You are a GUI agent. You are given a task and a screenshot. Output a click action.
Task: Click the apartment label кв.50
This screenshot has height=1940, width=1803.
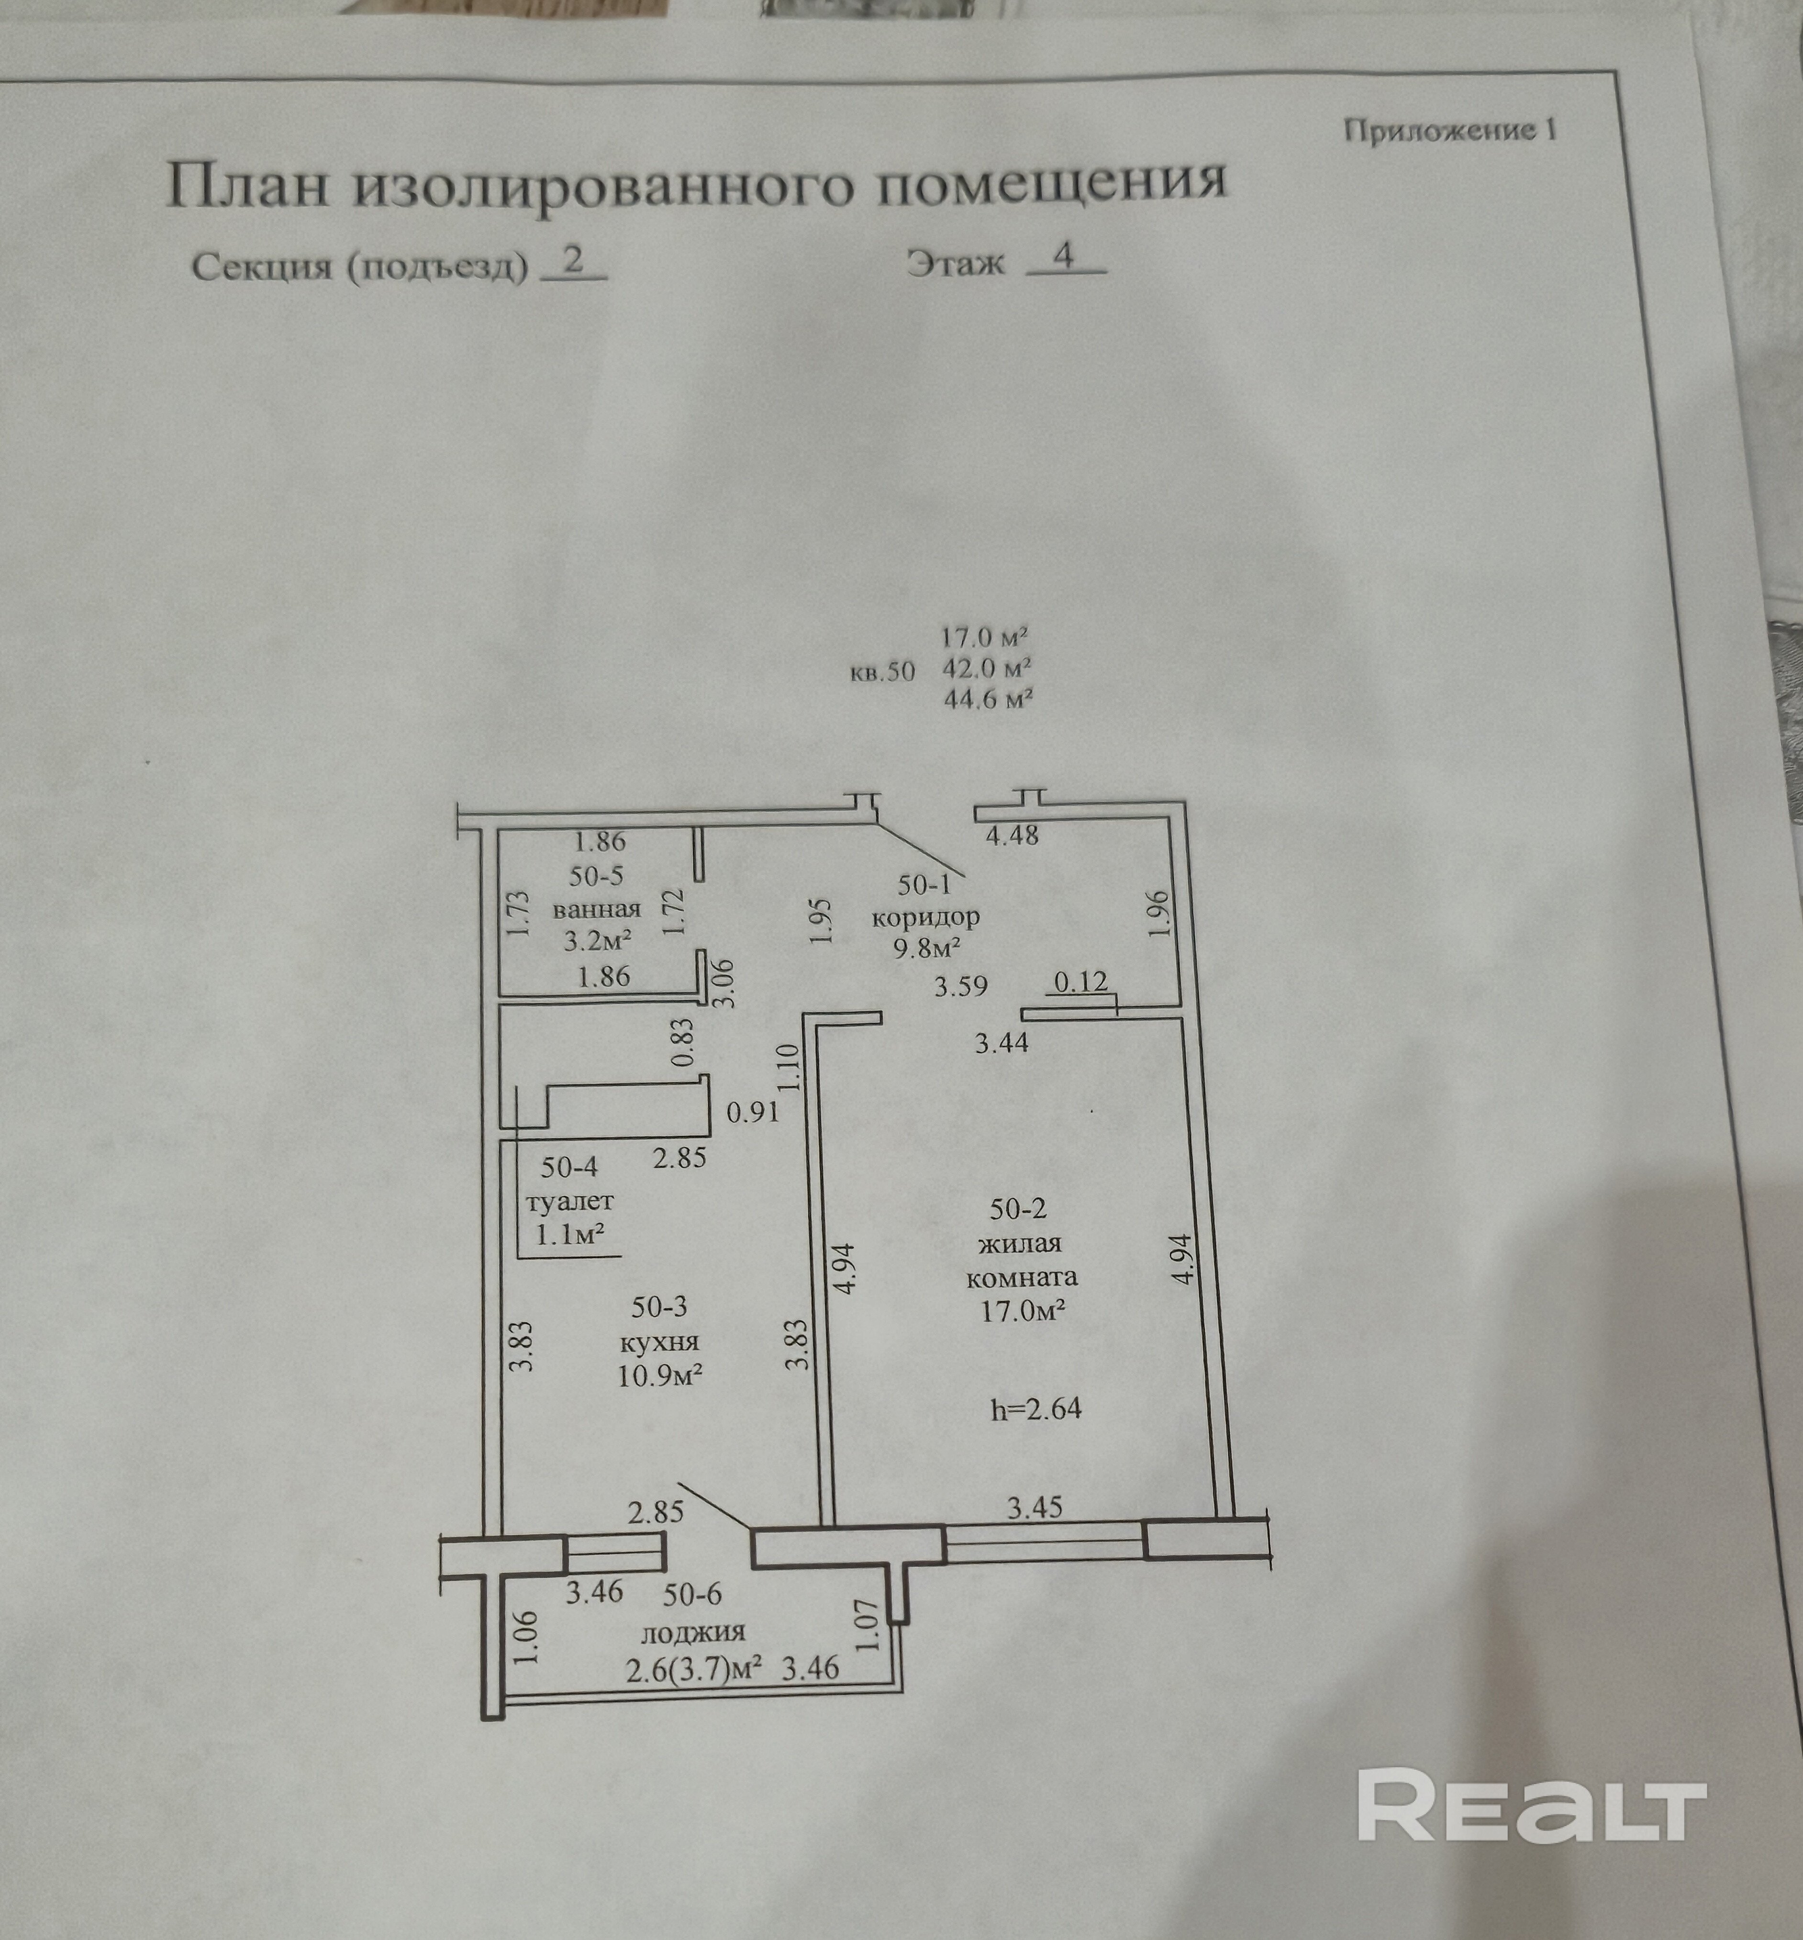882,671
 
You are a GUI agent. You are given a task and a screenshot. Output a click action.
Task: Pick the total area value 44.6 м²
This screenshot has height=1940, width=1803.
987,699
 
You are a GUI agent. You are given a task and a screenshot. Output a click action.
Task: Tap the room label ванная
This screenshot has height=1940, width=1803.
596,910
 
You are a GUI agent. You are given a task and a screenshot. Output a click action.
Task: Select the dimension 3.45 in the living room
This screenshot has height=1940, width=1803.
1034,1508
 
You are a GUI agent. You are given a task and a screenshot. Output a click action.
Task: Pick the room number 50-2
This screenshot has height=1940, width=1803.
1018,1209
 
